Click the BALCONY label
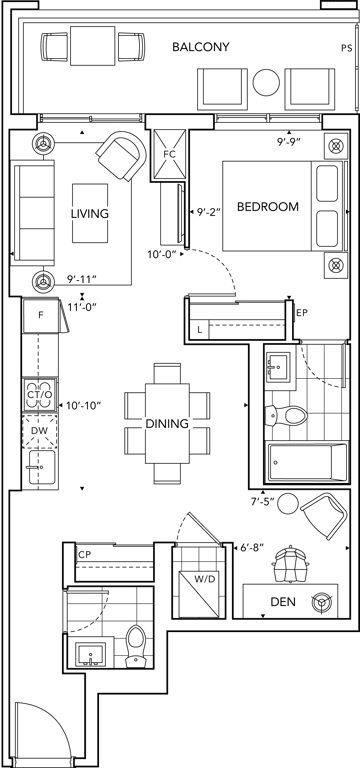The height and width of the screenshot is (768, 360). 201,47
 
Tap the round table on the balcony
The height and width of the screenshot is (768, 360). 266,82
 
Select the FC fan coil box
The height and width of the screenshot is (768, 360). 169,154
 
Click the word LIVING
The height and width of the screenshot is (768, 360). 90,214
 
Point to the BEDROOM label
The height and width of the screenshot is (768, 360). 267,207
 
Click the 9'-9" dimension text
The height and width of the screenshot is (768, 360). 288,143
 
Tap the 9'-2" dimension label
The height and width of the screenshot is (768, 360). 210,213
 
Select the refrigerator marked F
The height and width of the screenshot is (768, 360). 41,315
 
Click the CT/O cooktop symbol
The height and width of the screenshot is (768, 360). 40,394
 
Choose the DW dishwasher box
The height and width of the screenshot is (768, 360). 40,431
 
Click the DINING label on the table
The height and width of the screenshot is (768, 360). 167,424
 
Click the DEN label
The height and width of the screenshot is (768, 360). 283,602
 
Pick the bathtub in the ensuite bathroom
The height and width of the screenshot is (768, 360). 306,462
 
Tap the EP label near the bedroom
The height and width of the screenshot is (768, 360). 302,312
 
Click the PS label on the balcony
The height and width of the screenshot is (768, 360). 347,48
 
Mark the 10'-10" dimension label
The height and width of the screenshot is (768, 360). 81,406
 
